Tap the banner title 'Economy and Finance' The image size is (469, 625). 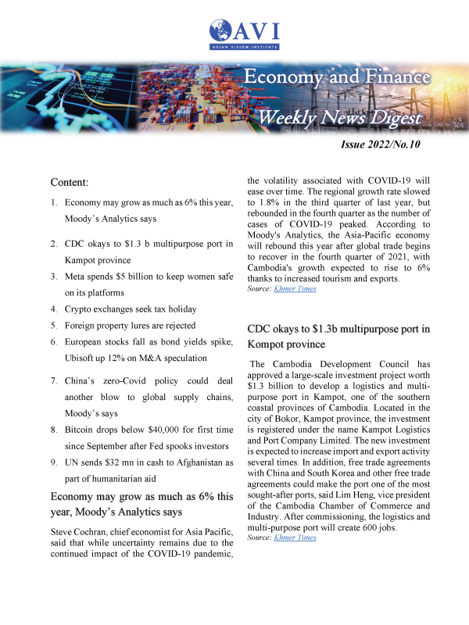(337, 77)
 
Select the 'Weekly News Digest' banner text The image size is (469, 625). (340, 117)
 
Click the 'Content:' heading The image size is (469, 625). (70, 182)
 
